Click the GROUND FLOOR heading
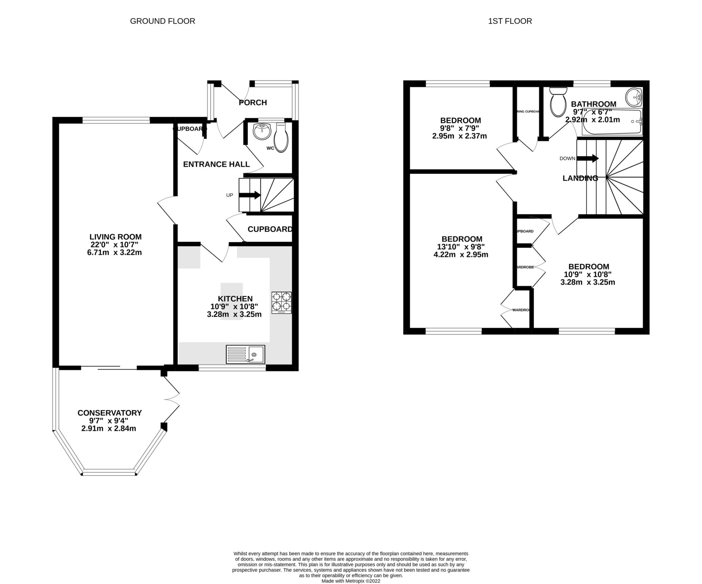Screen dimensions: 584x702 pos(162,21)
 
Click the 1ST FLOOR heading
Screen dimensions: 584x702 pos(510,21)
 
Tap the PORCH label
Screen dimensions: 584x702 pos(253,103)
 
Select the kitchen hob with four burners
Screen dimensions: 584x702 pos(282,302)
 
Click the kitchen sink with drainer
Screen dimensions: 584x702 pos(245,354)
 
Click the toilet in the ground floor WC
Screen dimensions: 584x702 pos(281,138)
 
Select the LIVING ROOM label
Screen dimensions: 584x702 pos(116,237)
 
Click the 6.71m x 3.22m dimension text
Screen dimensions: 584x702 pos(114,252)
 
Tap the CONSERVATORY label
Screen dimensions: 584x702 pos(109,413)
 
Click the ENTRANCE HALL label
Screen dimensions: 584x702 pos(216,164)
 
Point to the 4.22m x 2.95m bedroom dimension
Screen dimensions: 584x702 pos(461,255)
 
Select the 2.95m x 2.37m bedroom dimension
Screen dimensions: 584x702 pos(459,136)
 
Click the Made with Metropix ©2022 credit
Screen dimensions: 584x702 pos(351,581)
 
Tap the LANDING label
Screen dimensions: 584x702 pos(580,178)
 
